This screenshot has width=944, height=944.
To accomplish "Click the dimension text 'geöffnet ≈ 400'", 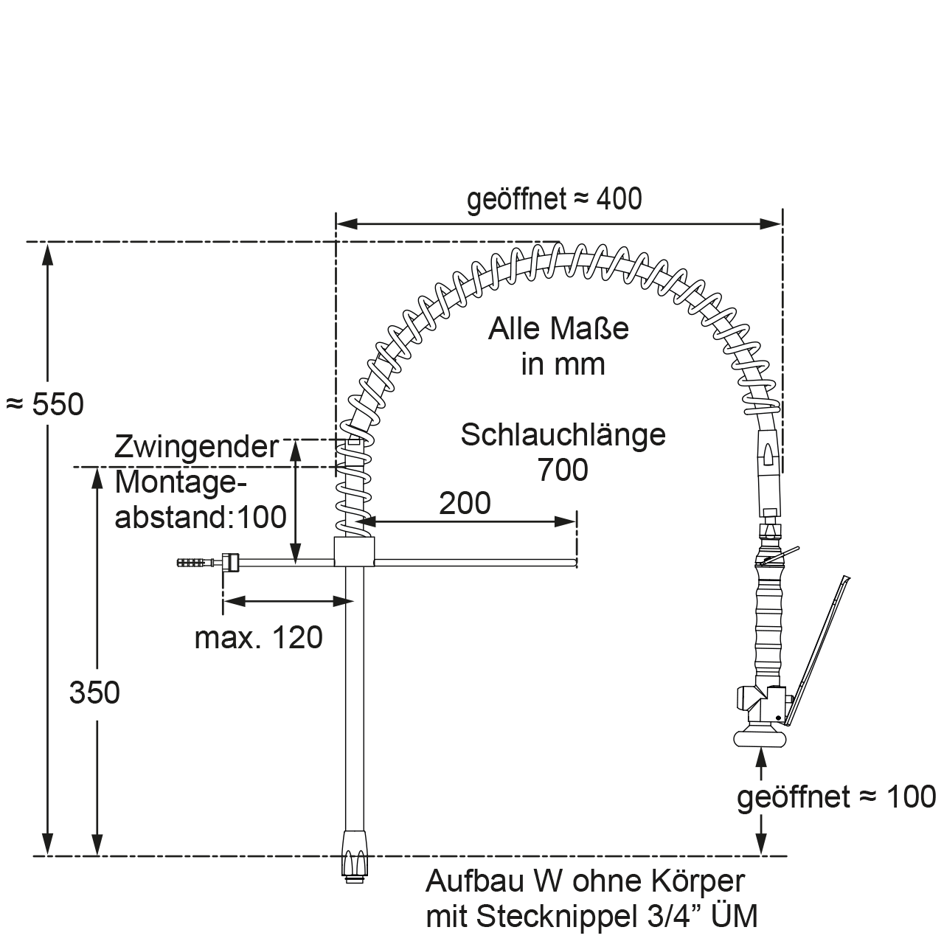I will (554, 199).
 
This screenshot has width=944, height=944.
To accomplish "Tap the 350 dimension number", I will (94, 693).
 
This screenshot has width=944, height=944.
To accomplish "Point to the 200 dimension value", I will (465, 503).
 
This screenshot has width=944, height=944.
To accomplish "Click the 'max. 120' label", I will (258, 637).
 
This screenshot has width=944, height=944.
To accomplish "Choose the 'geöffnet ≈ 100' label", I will (836, 796).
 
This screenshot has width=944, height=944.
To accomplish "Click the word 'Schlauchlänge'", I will (563, 435).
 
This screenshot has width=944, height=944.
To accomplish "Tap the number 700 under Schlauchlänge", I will (563, 470).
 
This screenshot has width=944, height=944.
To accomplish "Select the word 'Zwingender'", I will (197, 447).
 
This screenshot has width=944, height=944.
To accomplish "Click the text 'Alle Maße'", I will (558, 328).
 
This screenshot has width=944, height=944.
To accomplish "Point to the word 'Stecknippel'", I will (564, 917).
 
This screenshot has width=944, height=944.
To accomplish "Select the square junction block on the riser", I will (355, 551).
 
